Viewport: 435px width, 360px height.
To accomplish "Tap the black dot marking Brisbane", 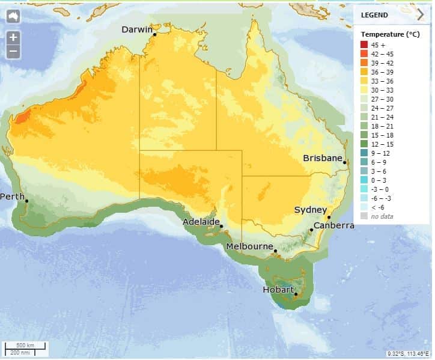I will (345, 162).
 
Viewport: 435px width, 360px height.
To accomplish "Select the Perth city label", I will (12, 197).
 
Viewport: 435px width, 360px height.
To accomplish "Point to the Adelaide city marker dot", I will (222, 227).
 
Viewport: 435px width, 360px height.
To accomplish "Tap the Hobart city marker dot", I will (296, 294).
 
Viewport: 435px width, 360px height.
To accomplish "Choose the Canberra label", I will (333, 226).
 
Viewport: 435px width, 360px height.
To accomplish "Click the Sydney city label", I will (311, 210).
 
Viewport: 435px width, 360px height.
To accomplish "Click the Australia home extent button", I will (13, 16).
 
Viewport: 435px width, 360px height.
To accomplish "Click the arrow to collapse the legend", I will (421, 15).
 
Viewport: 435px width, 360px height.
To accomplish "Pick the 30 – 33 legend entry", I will (391, 90).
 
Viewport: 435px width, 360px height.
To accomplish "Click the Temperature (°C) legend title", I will (391, 34).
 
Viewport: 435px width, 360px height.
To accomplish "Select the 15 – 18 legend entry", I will (391, 135).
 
